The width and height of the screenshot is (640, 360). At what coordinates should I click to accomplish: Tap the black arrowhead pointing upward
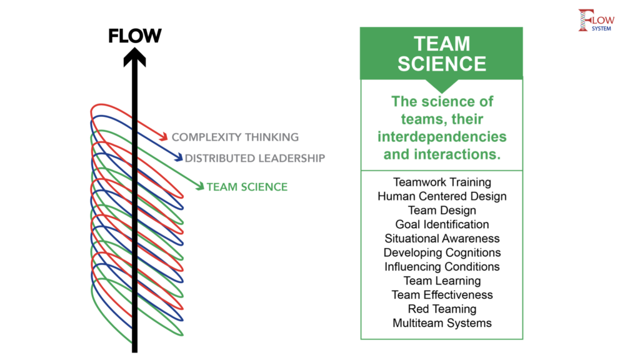tap(134, 57)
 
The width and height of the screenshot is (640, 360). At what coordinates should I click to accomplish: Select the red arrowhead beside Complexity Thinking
tap(164, 136)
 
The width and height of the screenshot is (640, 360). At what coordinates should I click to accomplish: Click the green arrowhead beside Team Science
tap(199, 185)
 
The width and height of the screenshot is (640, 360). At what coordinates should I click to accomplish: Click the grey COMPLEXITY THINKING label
tap(235, 137)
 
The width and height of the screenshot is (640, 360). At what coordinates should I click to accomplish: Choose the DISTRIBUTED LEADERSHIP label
tap(255, 158)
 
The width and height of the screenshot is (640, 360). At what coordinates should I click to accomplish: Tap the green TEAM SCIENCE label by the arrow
tap(247, 186)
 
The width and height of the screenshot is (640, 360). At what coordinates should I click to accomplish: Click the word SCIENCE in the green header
tap(442, 64)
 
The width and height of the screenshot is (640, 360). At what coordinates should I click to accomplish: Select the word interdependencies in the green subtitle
tap(441, 136)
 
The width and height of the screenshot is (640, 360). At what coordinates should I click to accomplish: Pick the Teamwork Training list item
tap(442, 182)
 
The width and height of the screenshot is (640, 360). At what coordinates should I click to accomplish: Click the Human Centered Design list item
tap(442, 196)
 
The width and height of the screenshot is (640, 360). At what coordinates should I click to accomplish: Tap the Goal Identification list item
tap(442, 224)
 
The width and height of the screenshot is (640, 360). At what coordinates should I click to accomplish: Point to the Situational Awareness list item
tap(442, 238)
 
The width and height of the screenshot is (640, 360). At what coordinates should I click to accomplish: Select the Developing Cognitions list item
tap(442, 252)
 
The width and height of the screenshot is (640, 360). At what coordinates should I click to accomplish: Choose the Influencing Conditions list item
tap(442, 267)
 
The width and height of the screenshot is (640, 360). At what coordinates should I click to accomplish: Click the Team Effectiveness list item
tap(442, 295)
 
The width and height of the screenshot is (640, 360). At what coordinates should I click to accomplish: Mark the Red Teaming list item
tap(442, 309)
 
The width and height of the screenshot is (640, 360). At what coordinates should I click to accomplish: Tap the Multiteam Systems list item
tap(442, 323)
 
